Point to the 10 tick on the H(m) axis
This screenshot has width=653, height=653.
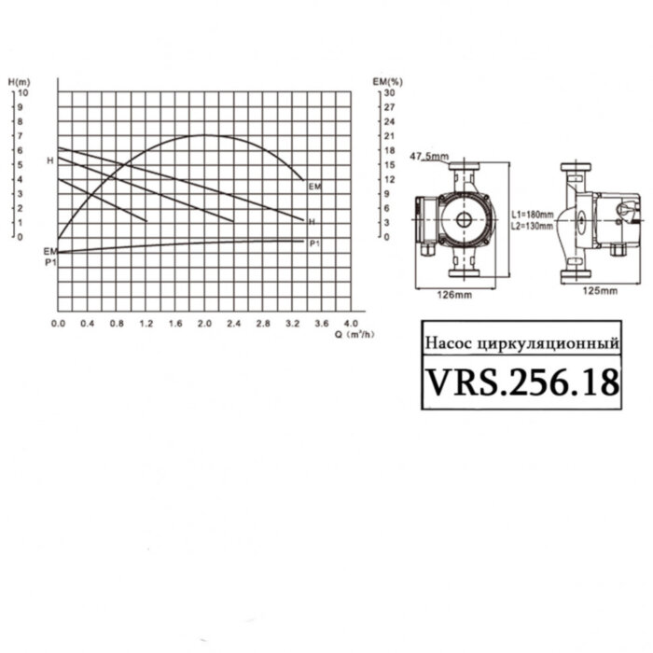(x=22, y=92)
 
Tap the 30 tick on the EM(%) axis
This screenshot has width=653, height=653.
(x=390, y=92)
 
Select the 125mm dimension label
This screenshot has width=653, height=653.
(x=600, y=291)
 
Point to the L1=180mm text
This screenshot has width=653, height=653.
(x=532, y=214)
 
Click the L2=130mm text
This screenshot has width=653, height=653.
(x=532, y=225)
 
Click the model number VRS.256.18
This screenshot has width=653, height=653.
(x=522, y=382)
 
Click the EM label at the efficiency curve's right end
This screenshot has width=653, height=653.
(x=314, y=188)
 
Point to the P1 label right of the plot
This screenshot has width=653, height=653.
(x=315, y=243)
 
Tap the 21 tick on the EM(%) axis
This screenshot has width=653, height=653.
(x=390, y=136)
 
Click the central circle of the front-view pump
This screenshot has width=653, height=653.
(x=464, y=222)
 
